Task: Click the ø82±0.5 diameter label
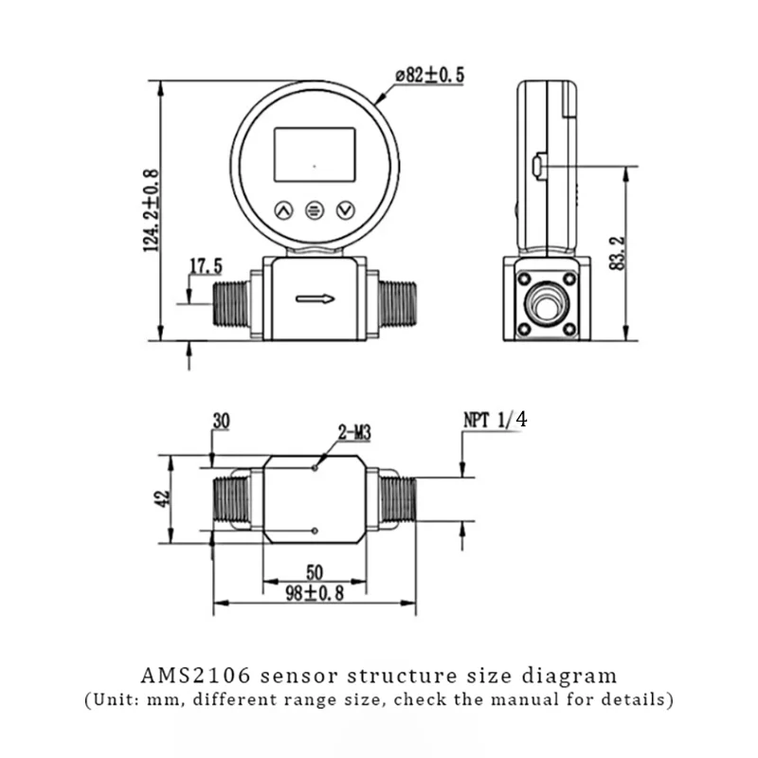coord(429,76)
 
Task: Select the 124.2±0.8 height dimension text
coord(152,210)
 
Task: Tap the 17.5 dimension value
coord(206,266)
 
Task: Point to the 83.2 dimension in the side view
coord(618,253)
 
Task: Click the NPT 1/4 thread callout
coord(495,420)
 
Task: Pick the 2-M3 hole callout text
coord(354,432)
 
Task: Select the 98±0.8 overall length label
coord(315,593)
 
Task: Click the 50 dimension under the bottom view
coord(315,572)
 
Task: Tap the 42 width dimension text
coord(163,498)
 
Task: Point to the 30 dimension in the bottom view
coord(222,421)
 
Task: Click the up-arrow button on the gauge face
coord(283,210)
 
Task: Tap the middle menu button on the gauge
coord(315,210)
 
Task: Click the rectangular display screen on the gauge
coord(315,154)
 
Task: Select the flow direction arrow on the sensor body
coord(316,299)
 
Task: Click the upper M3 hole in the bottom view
coord(315,467)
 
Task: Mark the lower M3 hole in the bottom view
coord(315,531)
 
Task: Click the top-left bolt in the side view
coord(525,279)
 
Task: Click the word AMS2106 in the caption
coord(196,676)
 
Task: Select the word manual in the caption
coord(526,699)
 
